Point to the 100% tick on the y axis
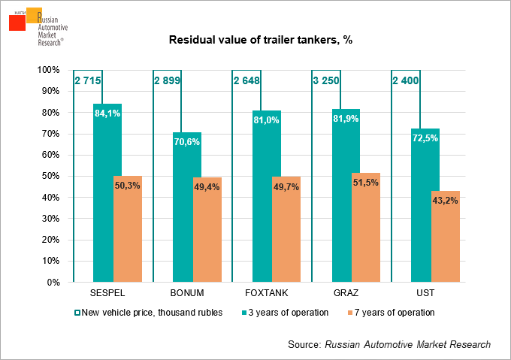pyautogui.click(x=50, y=70)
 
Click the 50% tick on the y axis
pyautogui.click(x=52, y=177)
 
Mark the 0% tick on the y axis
pyautogui.click(x=54, y=283)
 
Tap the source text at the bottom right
pyautogui.click(x=389, y=344)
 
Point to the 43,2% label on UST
pyautogui.click(x=446, y=200)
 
